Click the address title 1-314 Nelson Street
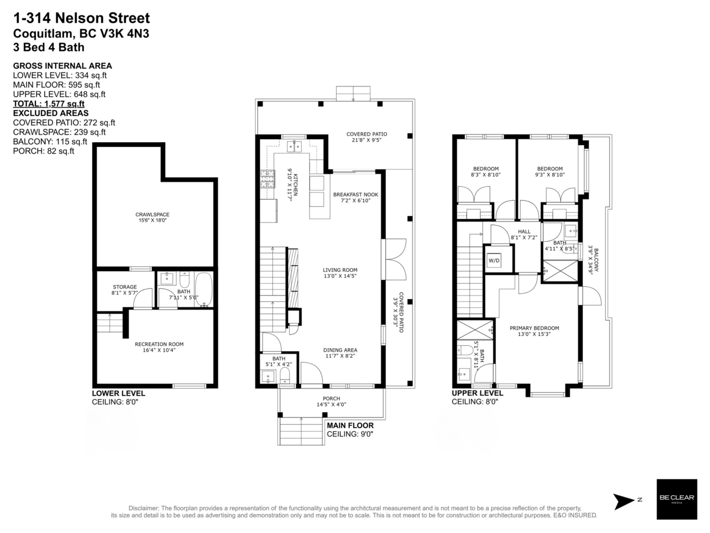click(x=81, y=18)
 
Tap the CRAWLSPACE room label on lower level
click(x=149, y=214)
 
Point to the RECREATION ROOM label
click(x=159, y=344)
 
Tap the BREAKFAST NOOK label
click(x=355, y=194)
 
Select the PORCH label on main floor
click(x=331, y=399)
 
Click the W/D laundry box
click(x=494, y=261)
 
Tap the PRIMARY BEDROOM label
click(x=534, y=328)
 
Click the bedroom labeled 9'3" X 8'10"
click(x=546, y=172)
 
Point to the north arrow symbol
click(x=624, y=501)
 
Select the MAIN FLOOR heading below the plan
click(x=350, y=425)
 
